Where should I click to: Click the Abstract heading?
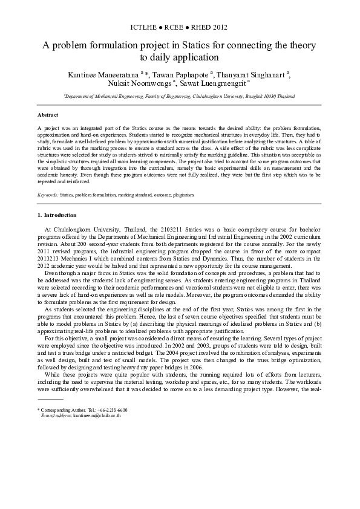coord(48,114)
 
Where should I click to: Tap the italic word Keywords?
coord(48,195)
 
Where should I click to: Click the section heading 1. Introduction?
coord(57,215)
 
